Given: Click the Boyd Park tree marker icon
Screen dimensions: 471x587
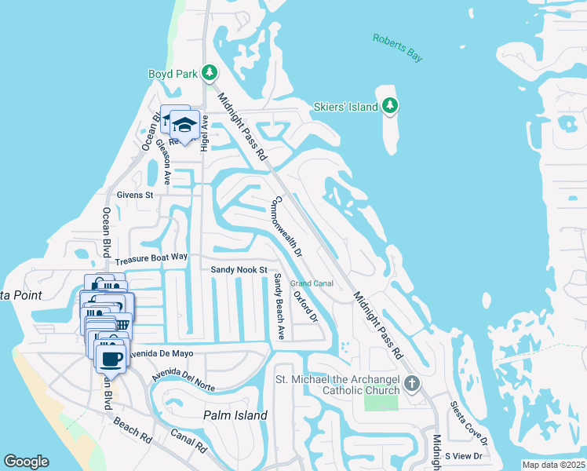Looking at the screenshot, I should [x=209, y=73].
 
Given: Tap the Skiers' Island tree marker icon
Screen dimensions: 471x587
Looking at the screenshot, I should [x=390, y=105].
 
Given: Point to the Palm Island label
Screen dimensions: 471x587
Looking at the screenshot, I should [x=235, y=415].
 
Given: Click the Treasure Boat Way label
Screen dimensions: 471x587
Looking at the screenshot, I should [x=151, y=257].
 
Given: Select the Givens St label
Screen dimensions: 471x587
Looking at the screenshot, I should [x=137, y=195].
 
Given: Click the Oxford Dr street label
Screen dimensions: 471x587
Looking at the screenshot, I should [x=305, y=306].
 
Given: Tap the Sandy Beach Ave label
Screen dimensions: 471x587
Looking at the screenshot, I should [x=279, y=306].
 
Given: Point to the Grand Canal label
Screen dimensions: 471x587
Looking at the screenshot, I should [x=312, y=283].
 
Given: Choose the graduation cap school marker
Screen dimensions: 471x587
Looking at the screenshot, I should [x=184, y=125].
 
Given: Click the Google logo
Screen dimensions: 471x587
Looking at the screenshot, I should [x=26, y=462].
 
